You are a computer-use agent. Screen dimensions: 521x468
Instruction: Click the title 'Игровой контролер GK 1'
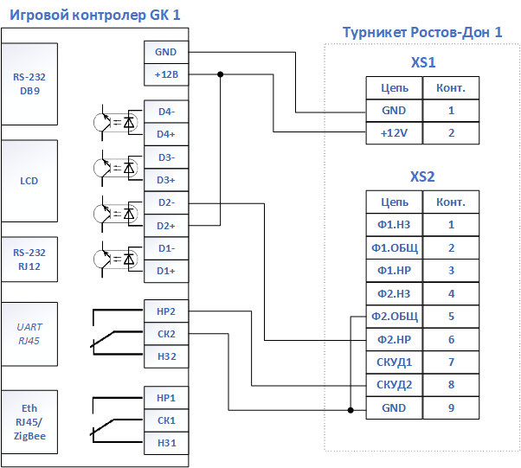coord(95,15)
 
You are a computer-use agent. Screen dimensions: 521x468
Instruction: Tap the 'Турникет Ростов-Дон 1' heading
coord(422,32)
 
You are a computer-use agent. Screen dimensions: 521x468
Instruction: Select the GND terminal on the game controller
coord(166,52)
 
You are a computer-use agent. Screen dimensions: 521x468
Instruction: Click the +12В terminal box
coord(166,74)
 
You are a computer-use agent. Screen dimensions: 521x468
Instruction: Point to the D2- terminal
coord(166,203)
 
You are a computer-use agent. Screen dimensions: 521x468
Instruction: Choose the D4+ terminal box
coord(166,134)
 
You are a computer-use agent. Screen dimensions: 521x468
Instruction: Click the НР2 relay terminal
coord(166,311)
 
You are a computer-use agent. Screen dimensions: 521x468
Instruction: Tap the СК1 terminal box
coord(166,420)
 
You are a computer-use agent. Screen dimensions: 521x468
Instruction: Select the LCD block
coord(29,181)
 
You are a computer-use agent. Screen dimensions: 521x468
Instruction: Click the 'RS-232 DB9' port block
coord(29,84)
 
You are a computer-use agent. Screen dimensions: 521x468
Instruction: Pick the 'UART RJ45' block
coord(29,334)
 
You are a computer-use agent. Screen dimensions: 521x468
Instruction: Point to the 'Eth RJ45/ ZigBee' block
coord(29,422)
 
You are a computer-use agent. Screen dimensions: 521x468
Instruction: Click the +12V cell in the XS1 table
coord(395,133)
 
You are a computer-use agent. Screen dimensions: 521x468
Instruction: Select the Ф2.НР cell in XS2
coord(395,339)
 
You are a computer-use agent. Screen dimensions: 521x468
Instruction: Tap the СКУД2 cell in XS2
coord(395,385)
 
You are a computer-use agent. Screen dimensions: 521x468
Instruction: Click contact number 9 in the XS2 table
coord(451,408)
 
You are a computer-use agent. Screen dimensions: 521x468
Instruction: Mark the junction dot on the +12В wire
coord(221,74)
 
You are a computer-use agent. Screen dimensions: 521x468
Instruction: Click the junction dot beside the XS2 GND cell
coord(351,410)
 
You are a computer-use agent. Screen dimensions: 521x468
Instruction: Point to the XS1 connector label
coord(423,62)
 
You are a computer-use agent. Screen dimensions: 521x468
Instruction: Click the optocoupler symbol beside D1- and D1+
coord(116,259)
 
